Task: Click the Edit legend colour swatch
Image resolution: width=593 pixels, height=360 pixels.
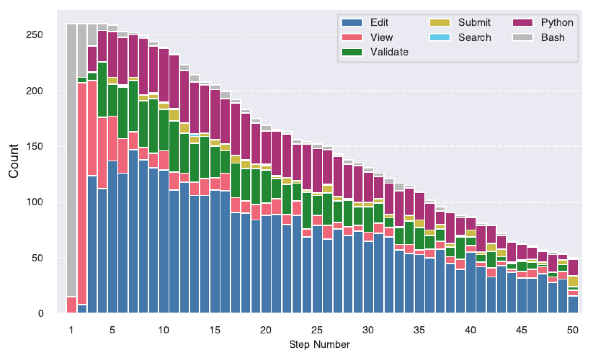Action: coord(352,22)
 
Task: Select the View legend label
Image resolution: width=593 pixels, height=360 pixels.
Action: coord(382,37)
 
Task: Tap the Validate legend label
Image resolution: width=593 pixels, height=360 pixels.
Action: coord(389,52)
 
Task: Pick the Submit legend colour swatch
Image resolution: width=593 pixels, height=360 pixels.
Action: coord(440,22)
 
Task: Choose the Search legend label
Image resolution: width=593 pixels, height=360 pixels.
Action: coord(475,37)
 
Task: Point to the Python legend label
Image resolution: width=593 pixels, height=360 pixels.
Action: coord(557,22)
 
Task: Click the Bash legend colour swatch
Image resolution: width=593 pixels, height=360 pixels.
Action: coord(522,37)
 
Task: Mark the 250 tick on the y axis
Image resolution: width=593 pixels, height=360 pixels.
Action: coord(34,35)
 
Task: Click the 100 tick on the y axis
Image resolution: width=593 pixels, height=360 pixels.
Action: coord(34,202)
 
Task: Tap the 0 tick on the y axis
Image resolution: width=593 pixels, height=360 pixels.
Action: coord(41,313)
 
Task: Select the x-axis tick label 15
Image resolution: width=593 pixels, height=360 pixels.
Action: coord(214,330)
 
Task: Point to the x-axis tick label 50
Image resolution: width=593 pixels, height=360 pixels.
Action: coord(573,330)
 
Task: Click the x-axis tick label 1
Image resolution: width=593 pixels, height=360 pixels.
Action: coord(71,330)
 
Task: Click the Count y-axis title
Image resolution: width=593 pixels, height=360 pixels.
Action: coord(14,161)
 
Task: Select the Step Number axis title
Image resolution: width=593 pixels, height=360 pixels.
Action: coord(319,344)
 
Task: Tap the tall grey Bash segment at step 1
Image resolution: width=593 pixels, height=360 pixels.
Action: coord(72,161)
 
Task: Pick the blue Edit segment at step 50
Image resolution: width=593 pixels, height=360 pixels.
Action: coord(573,305)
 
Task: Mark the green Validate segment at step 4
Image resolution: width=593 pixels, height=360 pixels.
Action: coord(102,90)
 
